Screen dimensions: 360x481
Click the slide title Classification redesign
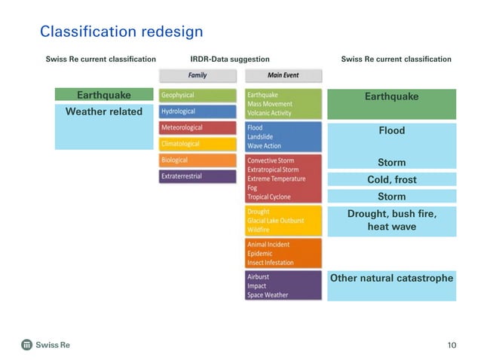click(x=121, y=32)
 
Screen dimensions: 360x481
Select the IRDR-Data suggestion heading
click(x=229, y=59)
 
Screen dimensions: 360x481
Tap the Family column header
click(x=197, y=75)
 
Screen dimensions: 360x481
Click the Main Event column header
click(x=283, y=75)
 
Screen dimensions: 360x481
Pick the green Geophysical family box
click(x=198, y=96)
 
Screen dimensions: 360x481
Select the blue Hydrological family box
click(x=198, y=111)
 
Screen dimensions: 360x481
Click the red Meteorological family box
click(x=198, y=128)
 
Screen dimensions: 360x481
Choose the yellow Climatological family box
click(x=198, y=144)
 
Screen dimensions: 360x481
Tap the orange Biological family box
click(x=198, y=160)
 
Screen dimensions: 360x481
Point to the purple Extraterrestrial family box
click(x=198, y=176)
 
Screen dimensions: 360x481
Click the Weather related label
click(x=104, y=111)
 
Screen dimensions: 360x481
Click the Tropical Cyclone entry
click(x=269, y=197)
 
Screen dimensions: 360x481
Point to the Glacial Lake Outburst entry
click(x=276, y=221)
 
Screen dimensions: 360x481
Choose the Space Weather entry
click(x=268, y=294)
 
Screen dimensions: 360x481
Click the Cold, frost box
click(x=391, y=180)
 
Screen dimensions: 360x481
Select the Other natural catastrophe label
click(x=391, y=278)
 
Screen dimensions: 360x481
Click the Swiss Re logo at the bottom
click(x=45, y=345)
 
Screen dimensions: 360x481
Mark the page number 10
click(x=452, y=345)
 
